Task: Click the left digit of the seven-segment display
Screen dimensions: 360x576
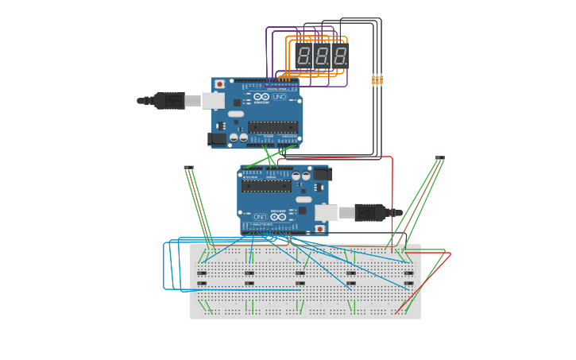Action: pos(303,56)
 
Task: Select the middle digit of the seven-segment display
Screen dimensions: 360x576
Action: pos(322,56)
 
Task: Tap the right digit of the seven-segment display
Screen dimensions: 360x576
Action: pos(340,56)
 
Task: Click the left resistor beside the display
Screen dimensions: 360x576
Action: pos(374,79)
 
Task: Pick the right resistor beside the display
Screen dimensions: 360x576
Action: pos(381,79)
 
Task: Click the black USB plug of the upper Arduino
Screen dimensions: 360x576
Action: pos(168,100)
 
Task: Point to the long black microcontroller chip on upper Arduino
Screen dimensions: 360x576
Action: pos(273,127)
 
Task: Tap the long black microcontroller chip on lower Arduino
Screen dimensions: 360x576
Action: pos(266,186)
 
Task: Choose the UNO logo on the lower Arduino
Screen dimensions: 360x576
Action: pos(278,215)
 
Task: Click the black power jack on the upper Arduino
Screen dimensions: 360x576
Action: pos(216,140)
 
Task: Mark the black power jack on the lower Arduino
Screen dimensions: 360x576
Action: pos(321,174)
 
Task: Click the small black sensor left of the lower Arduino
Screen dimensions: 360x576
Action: pos(188,168)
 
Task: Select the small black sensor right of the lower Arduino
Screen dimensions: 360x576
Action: pos(439,159)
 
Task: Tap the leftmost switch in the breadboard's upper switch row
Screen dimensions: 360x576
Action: pos(202,273)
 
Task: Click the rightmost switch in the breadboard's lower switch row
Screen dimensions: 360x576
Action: pos(409,283)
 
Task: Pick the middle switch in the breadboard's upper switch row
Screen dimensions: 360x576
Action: pos(300,273)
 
